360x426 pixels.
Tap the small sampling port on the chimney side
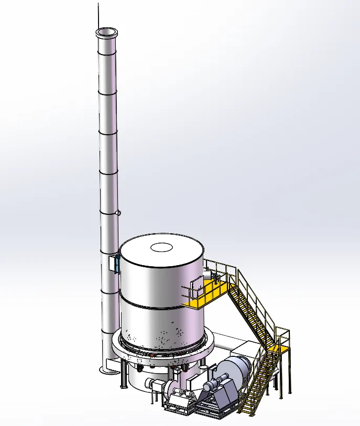pos(119,213)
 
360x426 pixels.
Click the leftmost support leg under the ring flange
pos(124,374)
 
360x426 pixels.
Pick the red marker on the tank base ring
pos(152,355)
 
